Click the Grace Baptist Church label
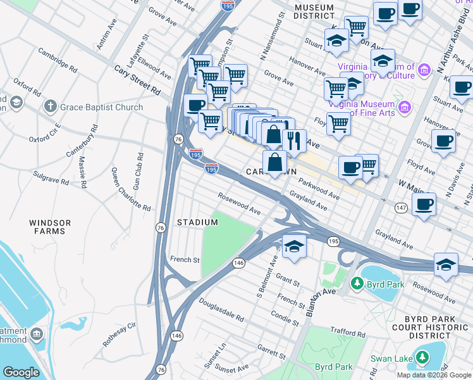pyautogui.click(x=101, y=107)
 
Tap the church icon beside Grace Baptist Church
pyautogui.click(x=51, y=107)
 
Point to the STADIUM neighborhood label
pyautogui.click(x=197, y=222)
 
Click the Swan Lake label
pyautogui.click(x=450, y=358)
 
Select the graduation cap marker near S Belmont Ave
pyautogui.click(x=294, y=246)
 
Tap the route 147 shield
pyautogui.click(x=400, y=207)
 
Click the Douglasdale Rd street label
pyautogui.click(x=221, y=310)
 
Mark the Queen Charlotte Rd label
pyautogui.click(x=131, y=189)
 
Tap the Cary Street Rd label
pyautogui.click(x=137, y=81)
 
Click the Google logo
pyautogui.click(x=21, y=372)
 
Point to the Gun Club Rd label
pyautogui.click(x=138, y=164)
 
